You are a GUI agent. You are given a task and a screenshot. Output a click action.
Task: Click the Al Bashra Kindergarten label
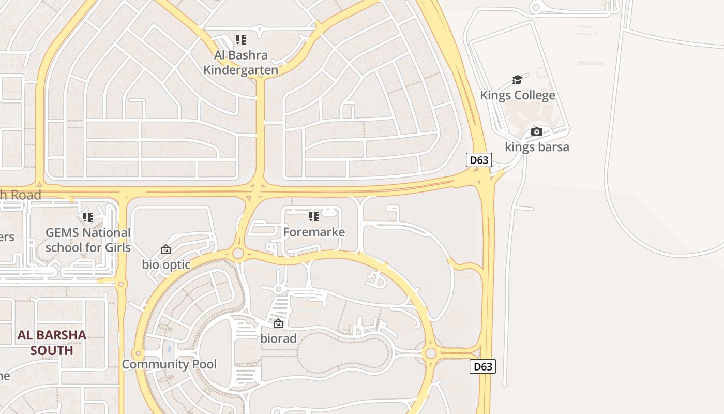pyautogui.click(x=240, y=62)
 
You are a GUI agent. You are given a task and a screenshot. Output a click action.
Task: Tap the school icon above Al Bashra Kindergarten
pyautogui.click(x=240, y=40)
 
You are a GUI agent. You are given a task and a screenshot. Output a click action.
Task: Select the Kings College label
pyautogui.click(x=518, y=95)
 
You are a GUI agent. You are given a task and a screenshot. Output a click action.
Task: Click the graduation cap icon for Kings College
pyautogui.click(x=517, y=80)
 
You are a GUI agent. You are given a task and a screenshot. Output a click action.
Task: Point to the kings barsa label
pyautogui.click(x=537, y=147)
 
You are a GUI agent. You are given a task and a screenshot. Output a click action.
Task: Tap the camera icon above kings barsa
pyautogui.click(x=537, y=132)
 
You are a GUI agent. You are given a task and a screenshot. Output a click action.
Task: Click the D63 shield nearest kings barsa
pyautogui.click(x=479, y=160)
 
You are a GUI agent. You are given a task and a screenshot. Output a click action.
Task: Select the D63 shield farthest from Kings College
pyautogui.click(x=483, y=366)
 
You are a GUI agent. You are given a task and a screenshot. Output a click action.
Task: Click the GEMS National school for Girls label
pyautogui.click(x=88, y=240)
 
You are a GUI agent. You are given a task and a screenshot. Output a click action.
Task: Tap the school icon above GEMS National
pyautogui.click(x=88, y=217)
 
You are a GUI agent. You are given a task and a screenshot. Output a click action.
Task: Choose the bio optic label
pyautogui.click(x=166, y=264)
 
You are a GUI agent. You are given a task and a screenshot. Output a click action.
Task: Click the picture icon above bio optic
pyautogui.click(x=166, y=250)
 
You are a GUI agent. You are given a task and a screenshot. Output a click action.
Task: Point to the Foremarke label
pyautogui.click(x=314, y=232)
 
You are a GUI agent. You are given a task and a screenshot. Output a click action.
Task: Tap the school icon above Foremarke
pyautogui.click(x=314, y=217)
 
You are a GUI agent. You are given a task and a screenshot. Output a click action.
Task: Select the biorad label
pyautogui.click(x=278, y=338)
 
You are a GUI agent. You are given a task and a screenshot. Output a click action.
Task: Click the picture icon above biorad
pyautogui.click(x=278, y=324)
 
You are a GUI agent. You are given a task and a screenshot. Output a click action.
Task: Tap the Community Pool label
pyautogui.click(x=169, y=364)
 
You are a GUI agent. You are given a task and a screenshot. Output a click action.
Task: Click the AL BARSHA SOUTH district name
pyautogui.click(x=52, y=343)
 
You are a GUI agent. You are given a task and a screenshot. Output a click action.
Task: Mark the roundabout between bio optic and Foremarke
pyautogui.click(x=238, y=253)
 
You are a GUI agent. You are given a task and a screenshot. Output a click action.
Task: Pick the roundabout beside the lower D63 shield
pyautogui.click(x=430, y=353)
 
